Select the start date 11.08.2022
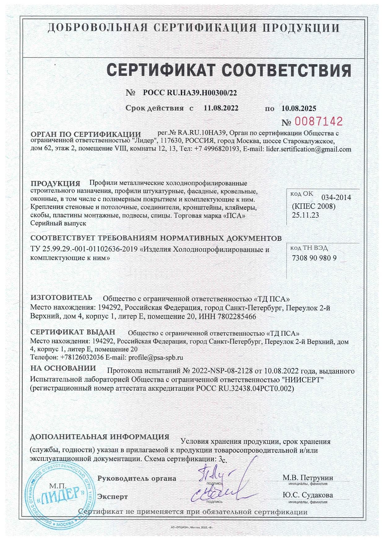(x=221, y=108)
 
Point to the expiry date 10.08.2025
(x=299, y=108)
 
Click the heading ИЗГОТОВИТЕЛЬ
(x=61, y=298)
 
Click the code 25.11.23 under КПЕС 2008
(x=305, y=215)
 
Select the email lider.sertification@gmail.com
(x=309, y=149)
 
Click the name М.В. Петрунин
(x=308, y=477)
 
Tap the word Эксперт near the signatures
(x=112, y=497)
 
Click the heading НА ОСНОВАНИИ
(x=63, y=368)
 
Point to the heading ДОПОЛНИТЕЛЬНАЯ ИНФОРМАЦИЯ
(x=100, y=437)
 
